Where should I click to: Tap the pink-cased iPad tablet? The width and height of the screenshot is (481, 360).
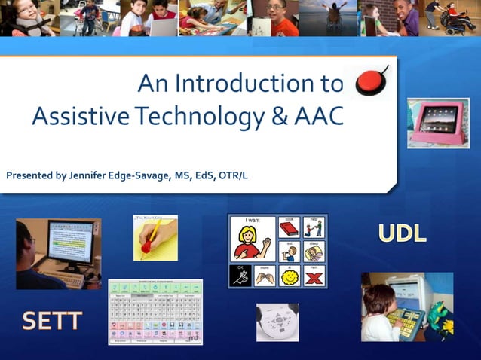click(x=438, y=123)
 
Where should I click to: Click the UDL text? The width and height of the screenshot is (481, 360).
click(x=402, y=233)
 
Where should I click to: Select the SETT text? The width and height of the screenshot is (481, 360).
click(x=51, y=322)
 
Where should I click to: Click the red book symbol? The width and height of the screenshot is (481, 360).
click(x=289, y=227)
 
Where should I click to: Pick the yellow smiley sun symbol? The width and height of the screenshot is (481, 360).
click(x=289, y=276)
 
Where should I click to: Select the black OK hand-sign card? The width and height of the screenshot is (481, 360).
click(x=240, y=276)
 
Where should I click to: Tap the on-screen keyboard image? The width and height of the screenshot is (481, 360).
click(x=155, y=312)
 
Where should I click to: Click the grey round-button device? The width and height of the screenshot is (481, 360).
click(x=277, y=322)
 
